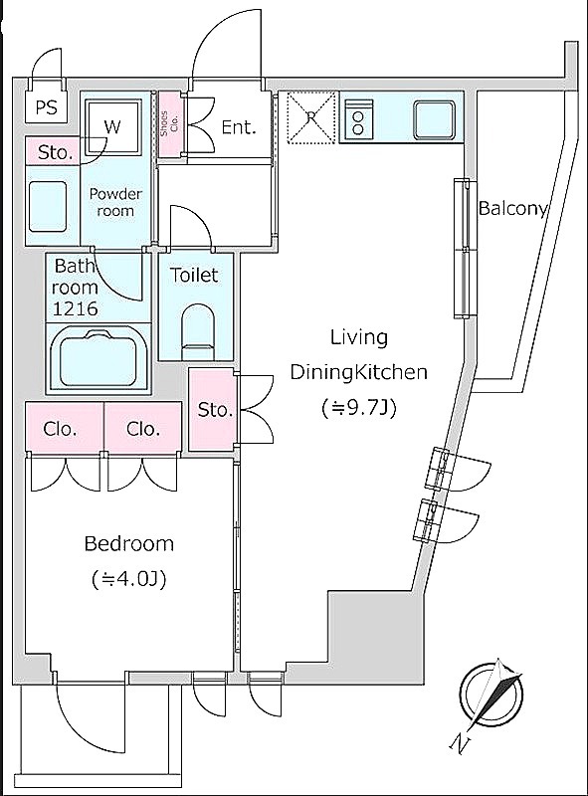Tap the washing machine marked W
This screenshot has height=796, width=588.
tap(112, 127)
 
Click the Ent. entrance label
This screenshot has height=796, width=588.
tap(238, 127)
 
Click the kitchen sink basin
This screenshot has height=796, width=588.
tap(434, 119)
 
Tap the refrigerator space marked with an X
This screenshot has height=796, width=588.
tap(311, 117)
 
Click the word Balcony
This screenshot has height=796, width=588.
tap(512, 209)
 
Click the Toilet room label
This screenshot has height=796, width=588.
tap(194, 275)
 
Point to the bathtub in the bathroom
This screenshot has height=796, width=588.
tap(98, 359)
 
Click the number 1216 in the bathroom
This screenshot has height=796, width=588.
tap(76, 308)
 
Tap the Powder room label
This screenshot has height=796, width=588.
tap(115, 202)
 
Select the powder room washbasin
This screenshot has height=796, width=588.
tap(47, 206)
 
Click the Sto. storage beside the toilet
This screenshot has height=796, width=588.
tap(213, 409)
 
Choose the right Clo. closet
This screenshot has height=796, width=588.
tap(142, 428)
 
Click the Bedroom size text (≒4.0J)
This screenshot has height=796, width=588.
tap(129, 579)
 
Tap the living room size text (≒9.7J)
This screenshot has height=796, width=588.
tap(358, 407)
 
